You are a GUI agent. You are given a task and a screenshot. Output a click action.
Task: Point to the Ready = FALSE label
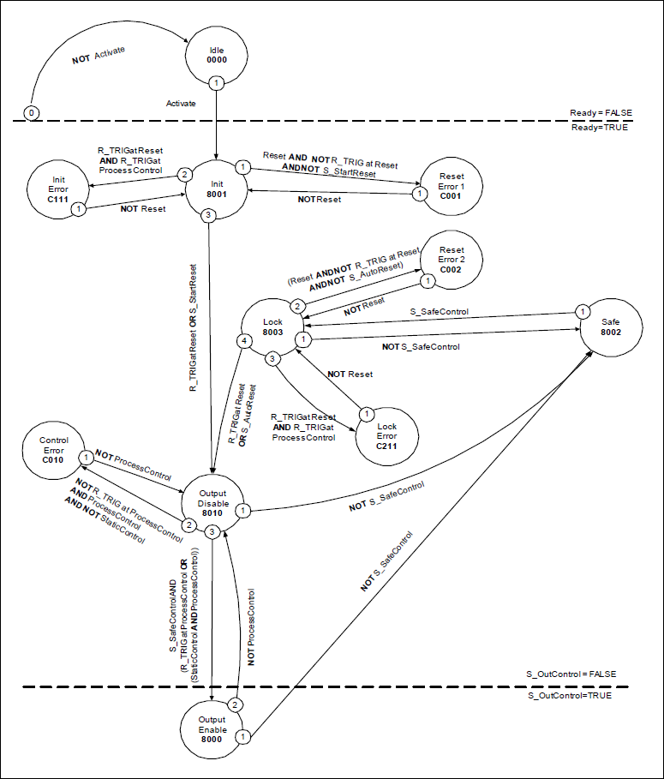coord(601,113)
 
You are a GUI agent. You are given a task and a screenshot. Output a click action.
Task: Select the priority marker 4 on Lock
coord(244,342)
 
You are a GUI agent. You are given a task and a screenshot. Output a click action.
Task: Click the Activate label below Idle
coord(181,103)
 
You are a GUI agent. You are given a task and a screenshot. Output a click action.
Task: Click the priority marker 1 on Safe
coord(582,311)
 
